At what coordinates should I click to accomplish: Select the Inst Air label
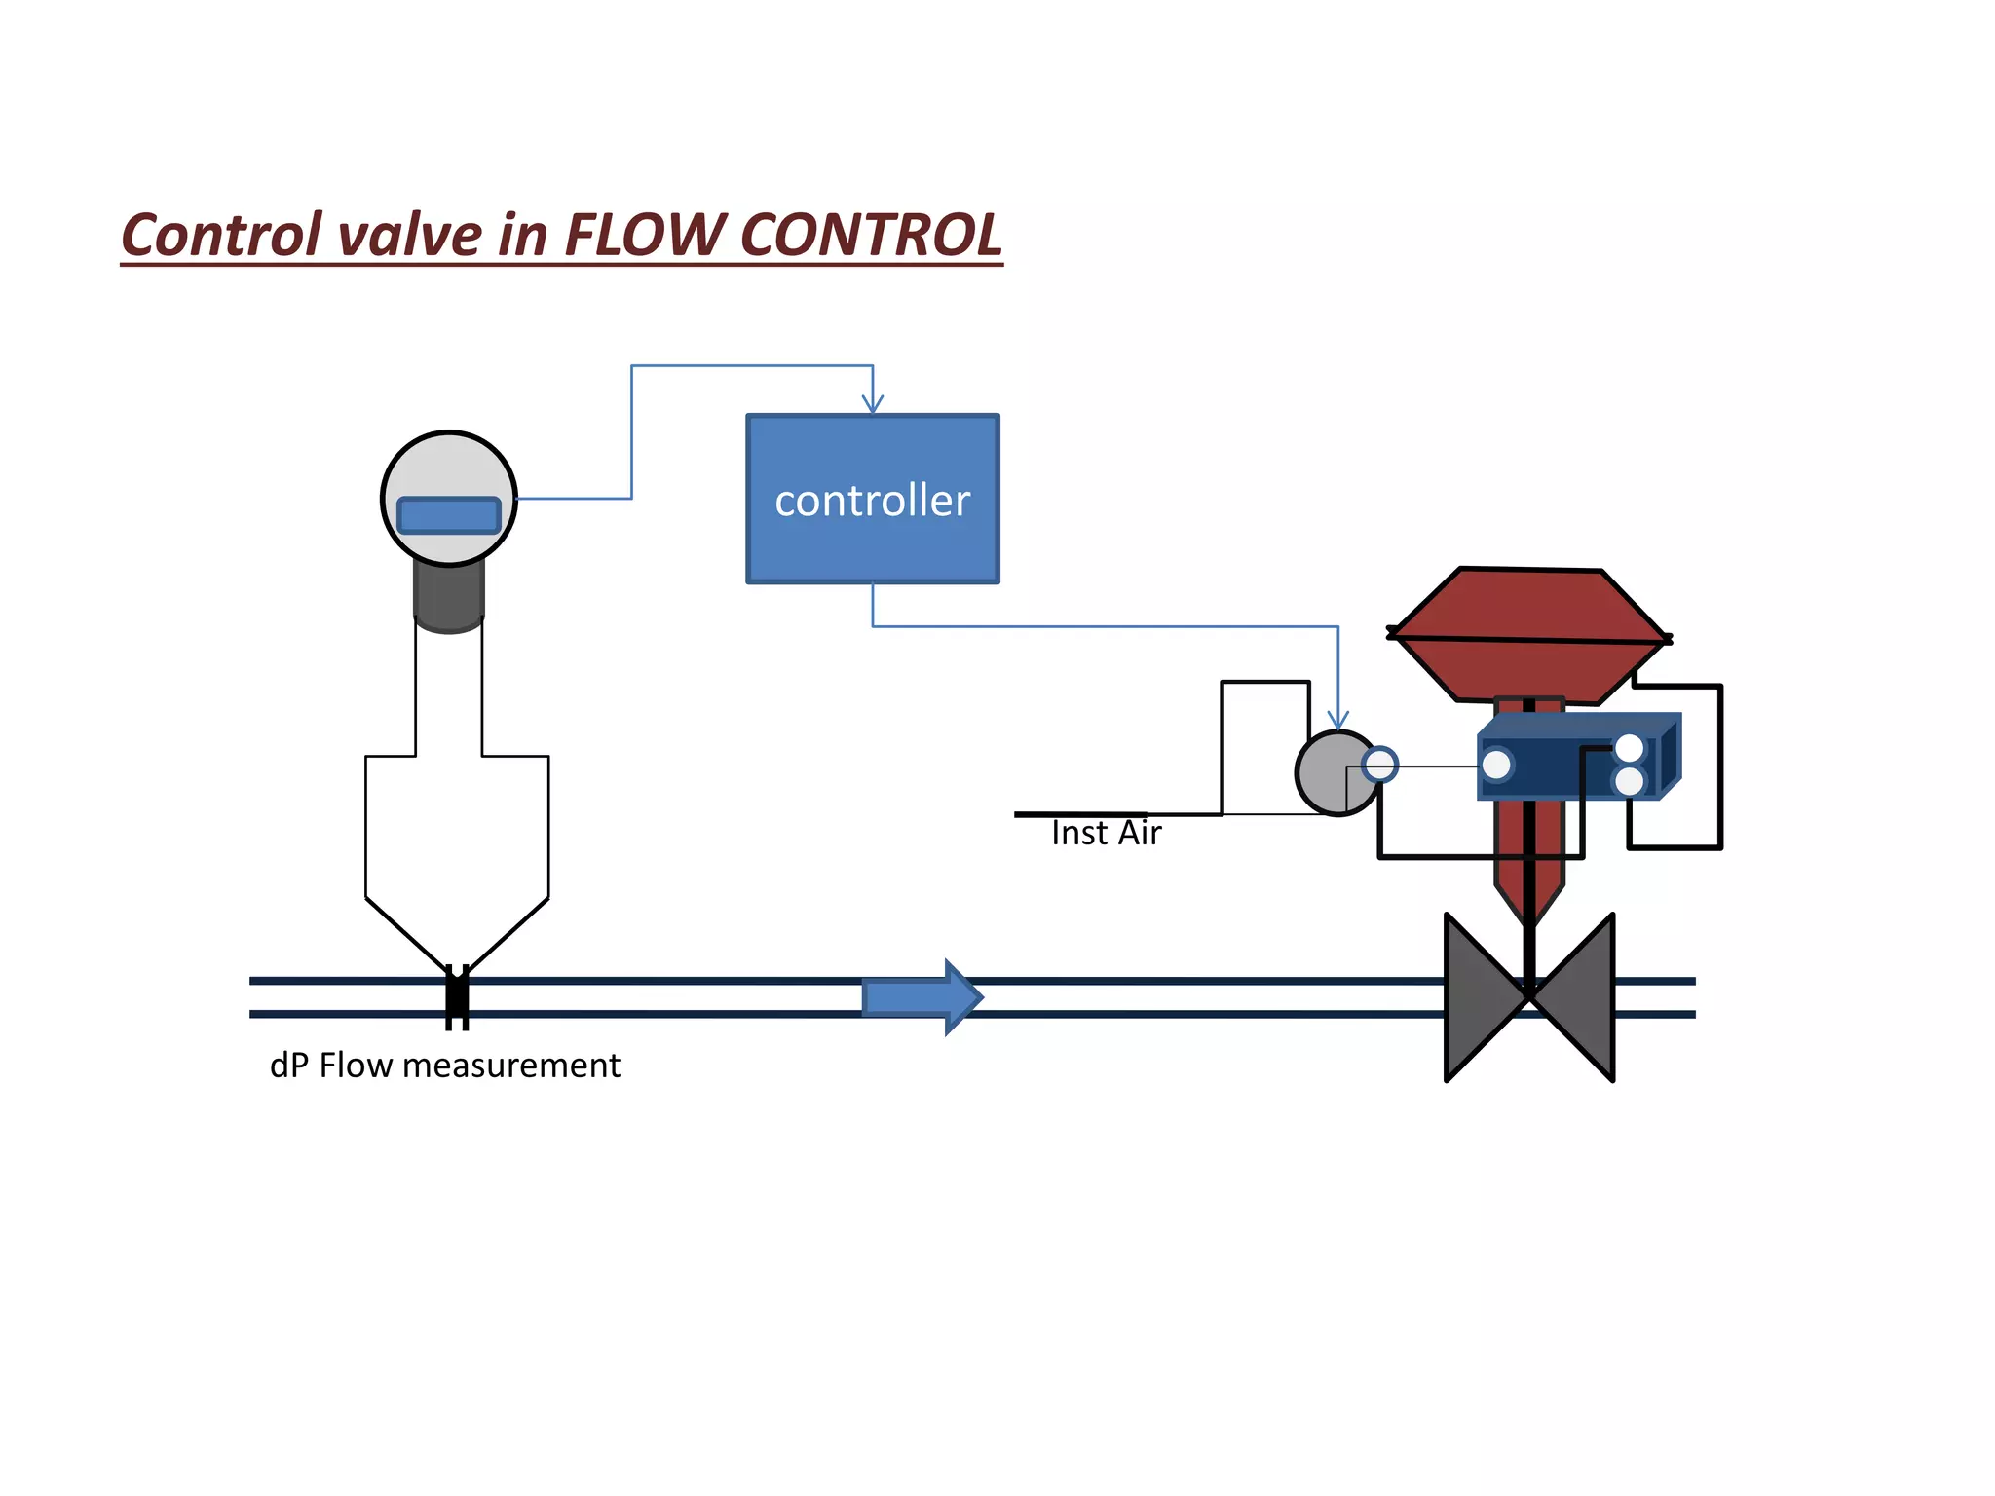(1106, 834)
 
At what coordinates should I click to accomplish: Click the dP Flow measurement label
(444, 1066)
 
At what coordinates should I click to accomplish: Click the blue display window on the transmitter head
(449, 515)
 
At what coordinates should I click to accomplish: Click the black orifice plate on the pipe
(457, 997)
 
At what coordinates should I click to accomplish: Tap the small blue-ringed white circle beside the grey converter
(1380, 765)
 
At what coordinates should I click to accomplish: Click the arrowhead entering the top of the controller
(873, 404)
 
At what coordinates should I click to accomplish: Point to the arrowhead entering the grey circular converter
(1338, 721)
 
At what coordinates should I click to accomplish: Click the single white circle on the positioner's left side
(1497, 766)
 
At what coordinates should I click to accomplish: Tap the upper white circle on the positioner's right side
(1630, 748)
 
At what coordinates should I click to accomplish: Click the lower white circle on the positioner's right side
(1630, 780)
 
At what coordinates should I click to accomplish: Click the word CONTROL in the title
(871, 236)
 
